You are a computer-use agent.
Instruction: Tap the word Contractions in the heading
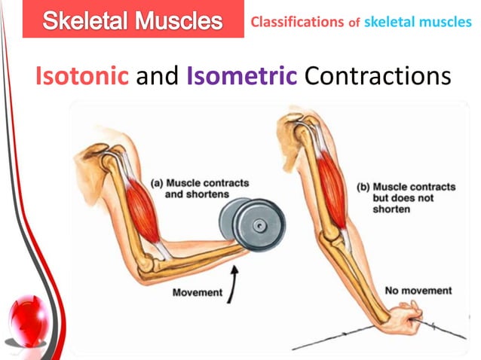coord(371,76)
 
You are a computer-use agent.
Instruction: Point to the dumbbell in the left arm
coord(244,223)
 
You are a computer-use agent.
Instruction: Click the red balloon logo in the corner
coord(25,319)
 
